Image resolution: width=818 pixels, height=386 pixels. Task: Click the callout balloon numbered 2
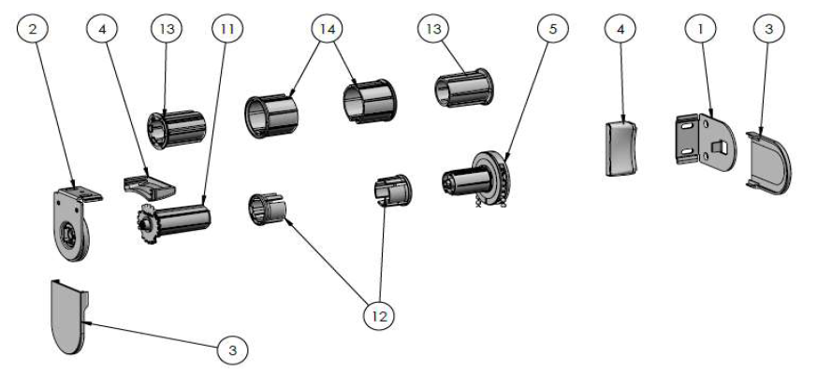34,29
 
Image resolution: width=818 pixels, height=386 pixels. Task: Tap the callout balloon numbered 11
226,29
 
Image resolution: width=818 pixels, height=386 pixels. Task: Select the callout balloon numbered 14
327,29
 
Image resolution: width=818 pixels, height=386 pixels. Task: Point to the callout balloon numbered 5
552,29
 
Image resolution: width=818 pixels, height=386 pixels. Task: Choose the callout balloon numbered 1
699,29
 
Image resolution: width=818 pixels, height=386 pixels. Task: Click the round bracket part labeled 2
73,223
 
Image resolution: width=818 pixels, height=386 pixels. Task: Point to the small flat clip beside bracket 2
148,180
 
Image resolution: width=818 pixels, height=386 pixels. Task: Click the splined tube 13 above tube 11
175,126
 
